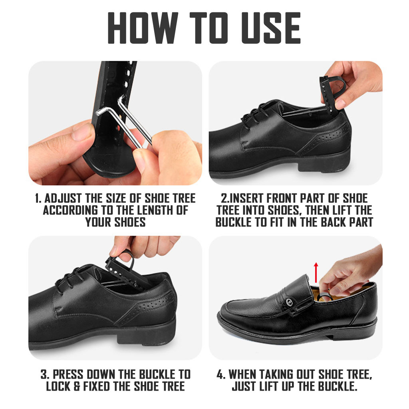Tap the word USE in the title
click(x=271, y=28)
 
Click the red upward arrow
click(x=316, y=272)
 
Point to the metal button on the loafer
click(x=289, y=302)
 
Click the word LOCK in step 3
click(x=58, y=386)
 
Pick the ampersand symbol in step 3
click(x=77, y=386)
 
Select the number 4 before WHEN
click(x=220, y=375)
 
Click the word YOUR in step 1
click(x=98, y=222)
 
